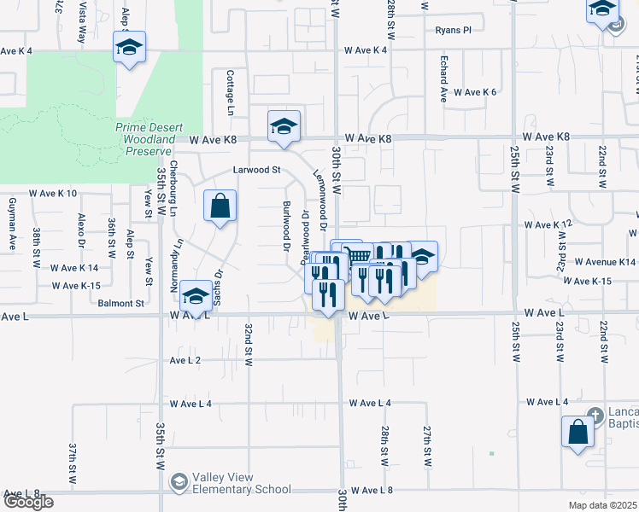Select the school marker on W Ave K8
(x=284, y=128)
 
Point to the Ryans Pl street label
(x=453, y=30)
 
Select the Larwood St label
(x=257, y=170)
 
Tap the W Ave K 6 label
(x=475, y=92)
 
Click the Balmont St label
(x=120, y=303)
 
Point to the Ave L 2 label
(x=185, y=361)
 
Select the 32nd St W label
(x=249, y=344)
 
